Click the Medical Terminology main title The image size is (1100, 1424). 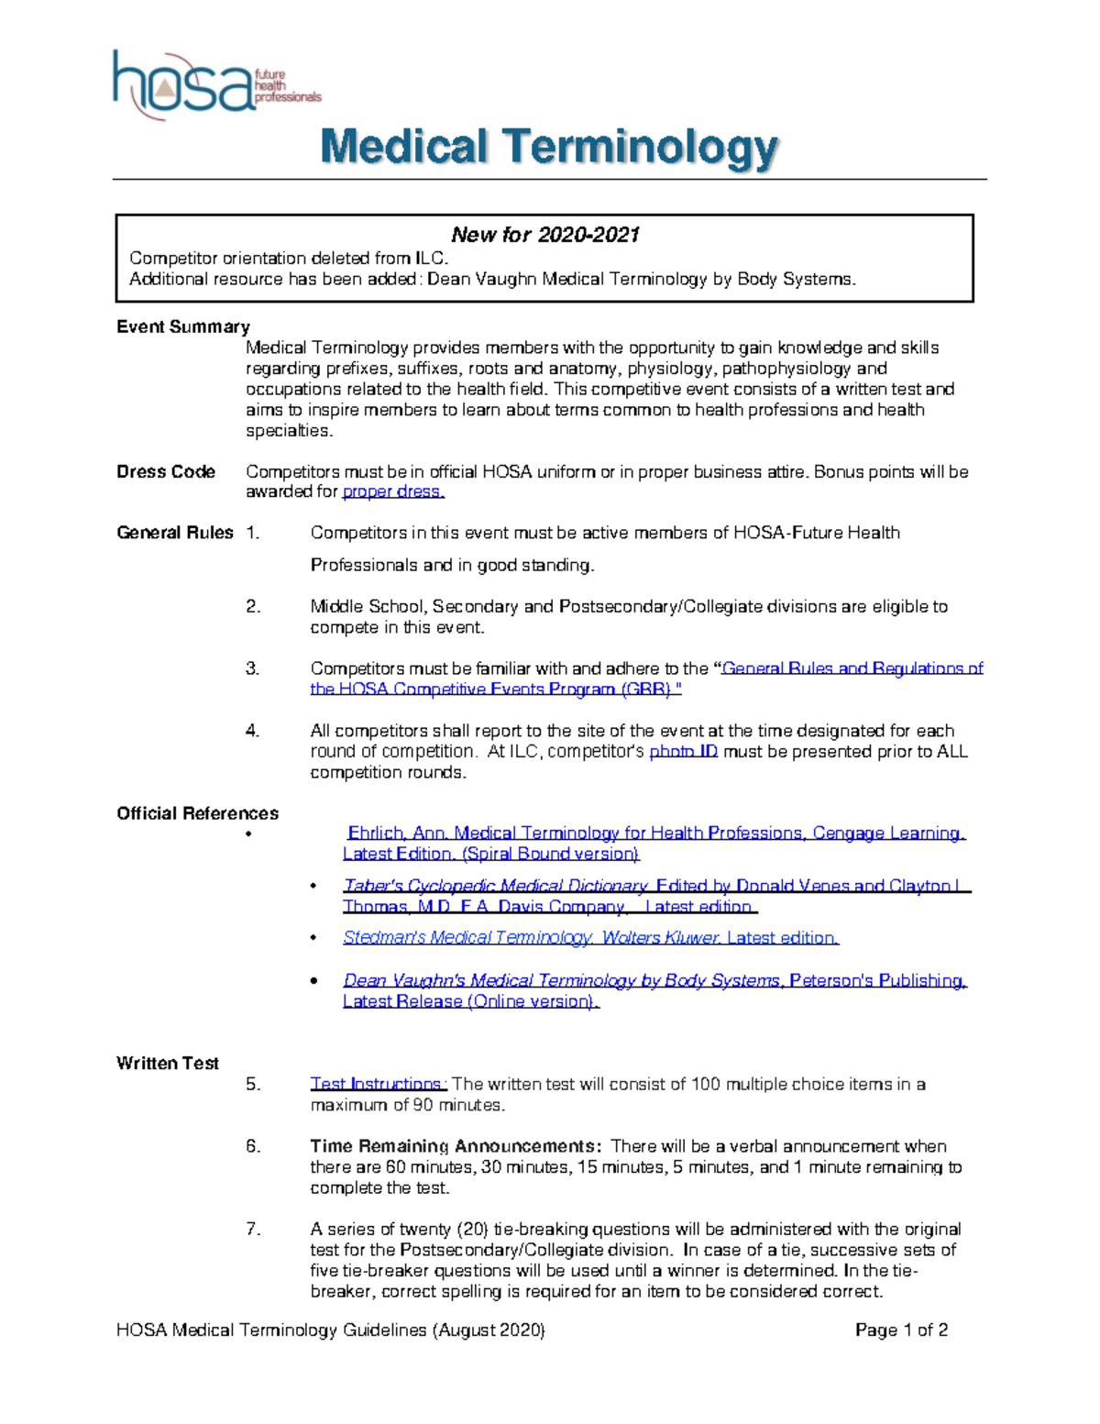[549, 149]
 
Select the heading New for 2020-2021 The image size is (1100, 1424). [544, 235]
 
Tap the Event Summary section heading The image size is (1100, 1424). [182, 327]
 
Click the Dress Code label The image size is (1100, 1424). [166, 472]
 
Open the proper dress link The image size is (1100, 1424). [392, 492]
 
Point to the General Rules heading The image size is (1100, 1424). [174, 533]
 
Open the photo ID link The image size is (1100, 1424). [683, 752]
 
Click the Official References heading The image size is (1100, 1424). [197, 813]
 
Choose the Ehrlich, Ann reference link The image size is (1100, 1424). [655, 833]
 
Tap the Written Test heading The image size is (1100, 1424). [168, 1064]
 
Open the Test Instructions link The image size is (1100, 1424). [378, 1085]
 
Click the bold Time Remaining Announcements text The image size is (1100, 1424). [456, 1147]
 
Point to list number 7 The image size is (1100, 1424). [253, 1230]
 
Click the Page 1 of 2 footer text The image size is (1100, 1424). [901, 1330]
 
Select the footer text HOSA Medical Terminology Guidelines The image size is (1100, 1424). [330, 1330]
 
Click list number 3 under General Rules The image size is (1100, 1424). [253, 668]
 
